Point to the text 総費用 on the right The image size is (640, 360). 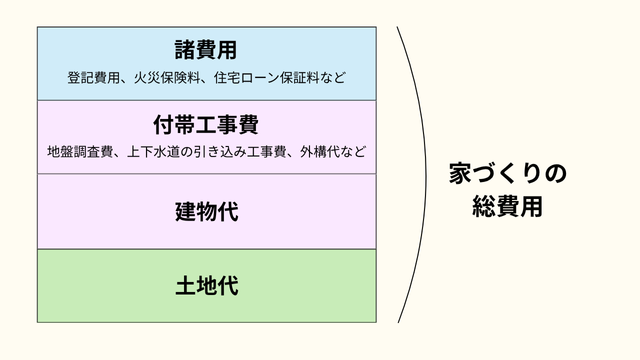[x=507, y=208]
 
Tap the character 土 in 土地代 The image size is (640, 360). [x=185, y=285]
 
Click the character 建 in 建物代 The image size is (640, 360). [x=185, y=211]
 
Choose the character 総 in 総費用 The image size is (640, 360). [x=484, y=208]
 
